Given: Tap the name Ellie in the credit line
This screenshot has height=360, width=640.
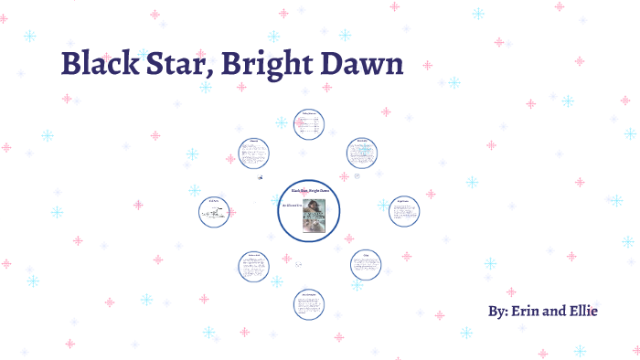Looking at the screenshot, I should coord(581,312).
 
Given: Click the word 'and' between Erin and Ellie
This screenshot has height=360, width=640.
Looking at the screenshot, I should coord(555,312).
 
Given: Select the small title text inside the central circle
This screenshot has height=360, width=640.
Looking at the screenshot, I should coord(309,190).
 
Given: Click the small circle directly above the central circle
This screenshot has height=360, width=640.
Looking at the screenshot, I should coord(309,124).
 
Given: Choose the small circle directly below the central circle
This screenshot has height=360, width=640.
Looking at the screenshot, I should coord(309,304).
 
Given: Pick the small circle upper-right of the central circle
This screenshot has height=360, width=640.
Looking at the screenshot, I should coord(362,153).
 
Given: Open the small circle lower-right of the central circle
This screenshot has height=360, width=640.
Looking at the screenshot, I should coord(366,265).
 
